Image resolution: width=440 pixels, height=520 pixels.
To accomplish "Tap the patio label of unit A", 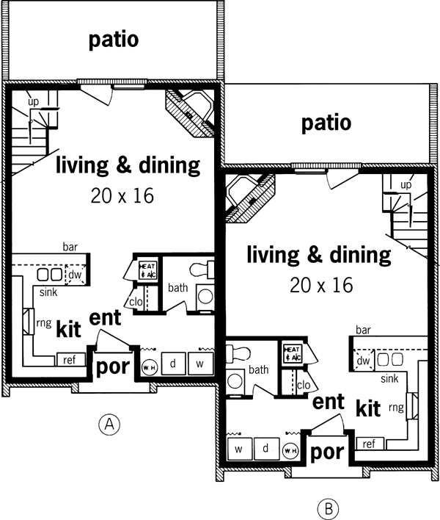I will pyautogui.click(x=114, y=40).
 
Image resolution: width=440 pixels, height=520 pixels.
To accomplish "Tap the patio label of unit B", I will pyautogui.click(x=326, y=122).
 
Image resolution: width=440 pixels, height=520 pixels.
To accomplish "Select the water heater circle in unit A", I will pyautogui.click(x=149, y=366).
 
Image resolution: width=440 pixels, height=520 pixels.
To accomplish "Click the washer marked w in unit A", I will pyautogui.click(x=199, y=363).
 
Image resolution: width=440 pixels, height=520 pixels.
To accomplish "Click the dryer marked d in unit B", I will pyautogui.click(x=266, y=447).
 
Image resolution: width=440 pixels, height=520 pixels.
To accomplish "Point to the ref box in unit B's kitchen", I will pyautogui.click(x=369, y=444).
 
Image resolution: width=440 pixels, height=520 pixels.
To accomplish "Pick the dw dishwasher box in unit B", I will pyautogui.click(x=363, y=360).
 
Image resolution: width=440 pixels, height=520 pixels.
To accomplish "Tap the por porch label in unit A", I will pyautogui.click(x=112, y=366).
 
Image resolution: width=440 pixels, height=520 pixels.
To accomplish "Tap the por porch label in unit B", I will pyautogui.click(x=328, y=451).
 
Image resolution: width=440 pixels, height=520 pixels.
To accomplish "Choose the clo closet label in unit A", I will pyautogui.click(x=135, y=301).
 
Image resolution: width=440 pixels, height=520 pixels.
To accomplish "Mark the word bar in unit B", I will pyautogui.click(x=362, y=331).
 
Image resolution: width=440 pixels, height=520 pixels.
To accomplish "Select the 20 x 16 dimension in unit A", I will pyautogui.click(x=123, y=197).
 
